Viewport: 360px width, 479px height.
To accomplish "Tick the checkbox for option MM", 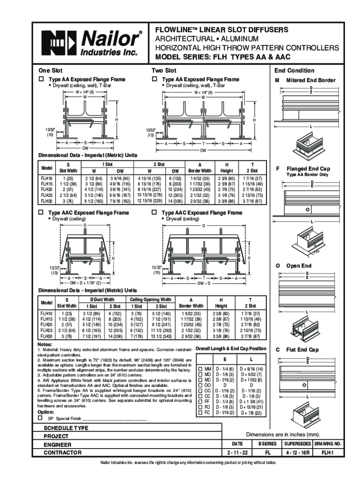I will tap(200, 369).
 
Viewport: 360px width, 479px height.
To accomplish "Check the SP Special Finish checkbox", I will tap(40, 419).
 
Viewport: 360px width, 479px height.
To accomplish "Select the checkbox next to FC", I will tap(200, 413).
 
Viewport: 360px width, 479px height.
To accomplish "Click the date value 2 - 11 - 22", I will tap(237, 453).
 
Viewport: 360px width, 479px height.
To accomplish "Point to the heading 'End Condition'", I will tap(294, 71).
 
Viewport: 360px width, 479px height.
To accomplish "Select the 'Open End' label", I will tap(299, 266).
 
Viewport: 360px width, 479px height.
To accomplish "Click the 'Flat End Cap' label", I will tap(302, 349).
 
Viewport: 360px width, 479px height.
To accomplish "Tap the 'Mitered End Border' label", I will tap(311, 80).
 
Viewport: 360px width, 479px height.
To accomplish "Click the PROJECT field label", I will tap(56, 436).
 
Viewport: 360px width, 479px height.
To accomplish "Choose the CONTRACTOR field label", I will tap(63, 453).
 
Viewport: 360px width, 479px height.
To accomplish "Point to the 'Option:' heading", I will tap(46, 412).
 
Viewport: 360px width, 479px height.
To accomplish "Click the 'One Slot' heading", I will tap(50, 71).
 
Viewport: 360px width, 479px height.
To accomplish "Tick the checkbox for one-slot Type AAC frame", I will tap(41, 213).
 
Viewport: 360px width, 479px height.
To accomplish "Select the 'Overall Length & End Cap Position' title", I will tap(230, 348).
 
